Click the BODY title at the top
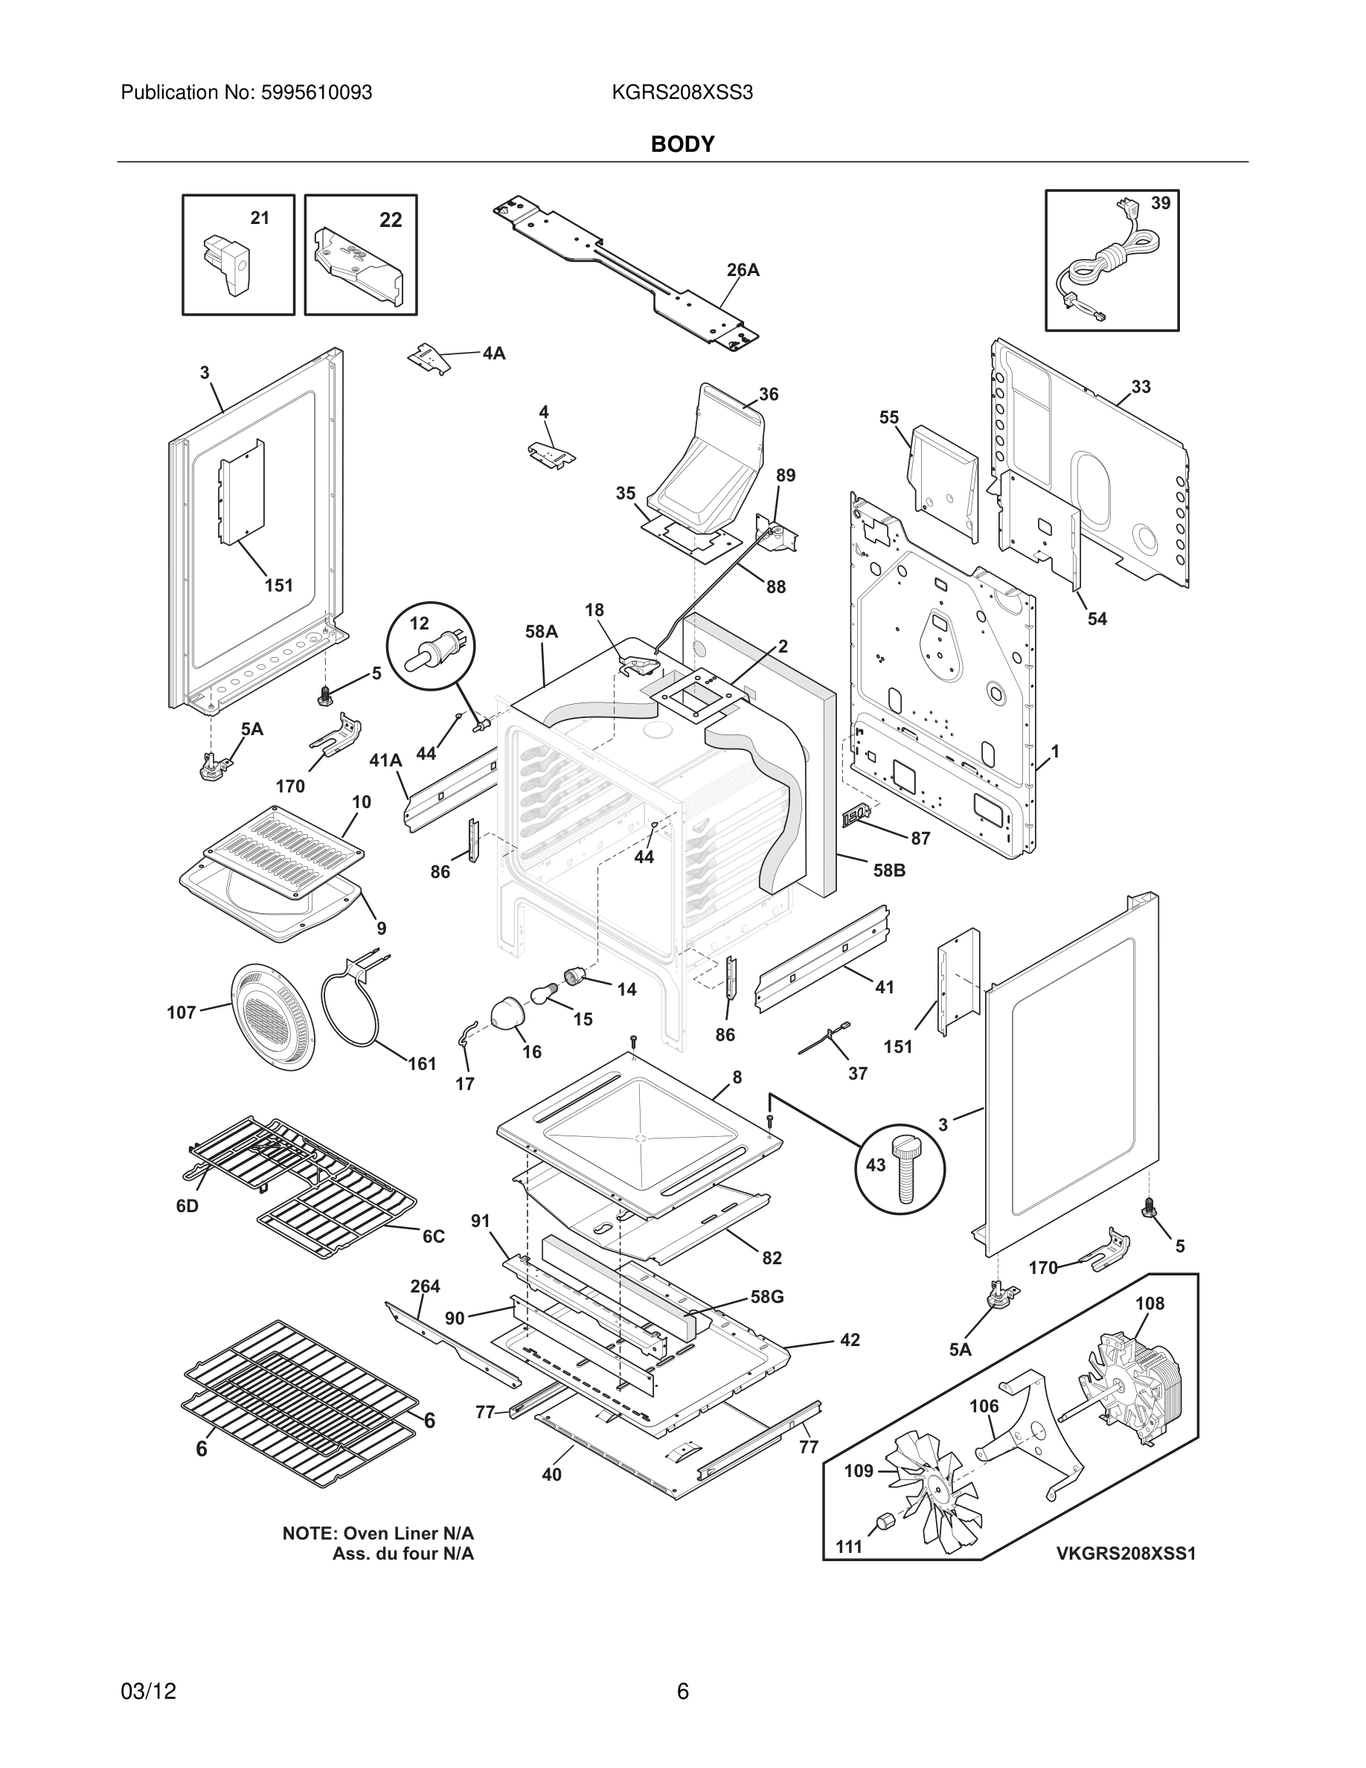click(x=682, y=144)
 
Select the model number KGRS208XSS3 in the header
click(x=682, y=93)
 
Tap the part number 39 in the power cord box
click(x=1161, y=203)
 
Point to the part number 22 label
click(x=391, y=220)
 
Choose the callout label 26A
click(x=742, y=270)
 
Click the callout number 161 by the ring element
click(x=422, y=1064)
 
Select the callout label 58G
click(x=766, y=1296)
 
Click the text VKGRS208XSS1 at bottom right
click(x=1125, y=1554)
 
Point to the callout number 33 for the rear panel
click(x=1141, y=387)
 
